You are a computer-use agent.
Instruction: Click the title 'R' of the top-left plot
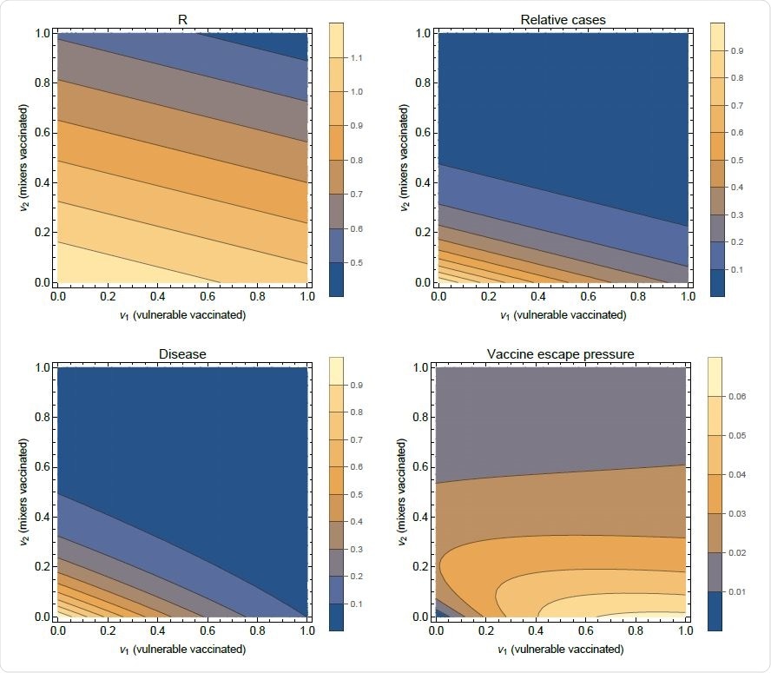point(182,18)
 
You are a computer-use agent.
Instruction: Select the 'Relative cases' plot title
point(563,19)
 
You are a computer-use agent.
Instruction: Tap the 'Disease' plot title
point(182,353)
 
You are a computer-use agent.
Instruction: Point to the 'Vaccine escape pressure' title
point(562,353)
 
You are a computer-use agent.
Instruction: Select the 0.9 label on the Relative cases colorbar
point(737,51)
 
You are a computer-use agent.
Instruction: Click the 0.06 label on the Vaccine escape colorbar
point(737,397)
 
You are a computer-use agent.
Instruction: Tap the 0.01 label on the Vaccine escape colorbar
point(737,592)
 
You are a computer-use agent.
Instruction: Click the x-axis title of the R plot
point(182,315)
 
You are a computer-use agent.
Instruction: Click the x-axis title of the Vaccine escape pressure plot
point(562,650)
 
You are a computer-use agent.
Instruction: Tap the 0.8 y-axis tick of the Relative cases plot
point(423,83)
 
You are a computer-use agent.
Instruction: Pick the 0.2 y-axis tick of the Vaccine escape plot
point(422,566)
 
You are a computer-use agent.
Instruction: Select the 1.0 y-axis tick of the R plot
point(43,33)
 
